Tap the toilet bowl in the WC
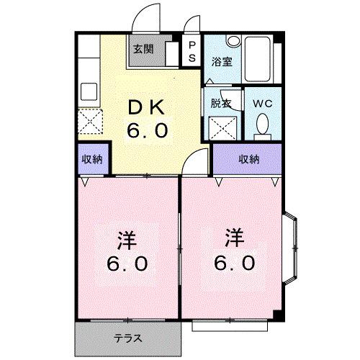tap(263, 128)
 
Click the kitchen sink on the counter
tap(90, 91)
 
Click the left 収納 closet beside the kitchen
tap(92, 160)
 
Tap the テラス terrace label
tap(127, 337)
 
